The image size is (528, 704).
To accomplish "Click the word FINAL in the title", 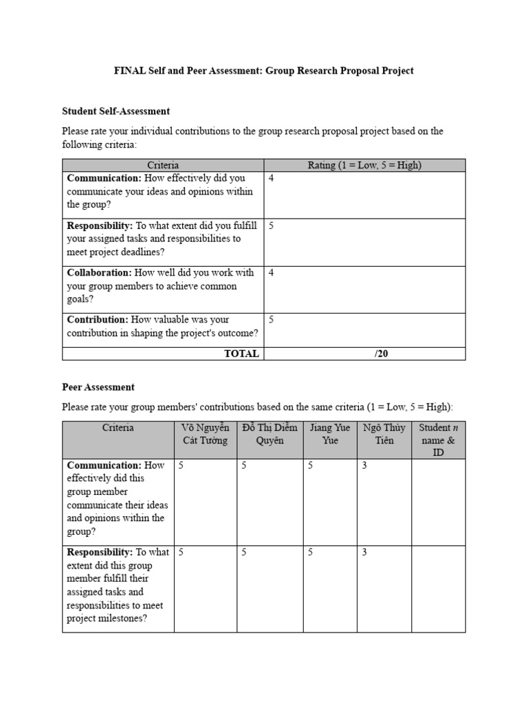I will click(x=129, y=71).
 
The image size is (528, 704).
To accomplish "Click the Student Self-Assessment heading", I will click(x=115, y=111).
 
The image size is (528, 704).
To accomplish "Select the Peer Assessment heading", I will click(x=98, y=387).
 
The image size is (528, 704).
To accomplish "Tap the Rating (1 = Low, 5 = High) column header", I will click(x=364, y=165).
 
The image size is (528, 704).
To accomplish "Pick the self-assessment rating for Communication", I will click(x=272, y=179).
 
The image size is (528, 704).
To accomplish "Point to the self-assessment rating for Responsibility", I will click(x=272, y=225).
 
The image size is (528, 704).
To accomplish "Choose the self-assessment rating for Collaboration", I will click(x=272, y=273).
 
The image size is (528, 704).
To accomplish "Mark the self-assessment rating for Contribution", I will click(x=272, y=320).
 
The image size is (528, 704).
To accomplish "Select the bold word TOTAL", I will click(x=241, y=353).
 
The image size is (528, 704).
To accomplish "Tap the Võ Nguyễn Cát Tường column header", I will click(x=205, y=434).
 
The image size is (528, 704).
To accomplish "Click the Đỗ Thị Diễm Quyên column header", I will click(x=269, y=434).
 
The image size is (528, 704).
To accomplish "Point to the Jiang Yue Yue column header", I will click(x=330, y=434).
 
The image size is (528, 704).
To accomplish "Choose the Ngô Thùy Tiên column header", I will click(x=384, y=434).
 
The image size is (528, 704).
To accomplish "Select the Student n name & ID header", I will click(x=438, y=440).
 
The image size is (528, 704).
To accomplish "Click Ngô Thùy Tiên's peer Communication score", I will click(x=365, y=465).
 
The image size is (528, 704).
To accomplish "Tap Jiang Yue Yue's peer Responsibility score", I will click(x=311, y=552).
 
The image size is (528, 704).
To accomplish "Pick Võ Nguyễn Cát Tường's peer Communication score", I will click(x=181, y=465).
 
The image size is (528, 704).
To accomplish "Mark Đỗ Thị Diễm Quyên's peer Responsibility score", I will click(x=244, y=552).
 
